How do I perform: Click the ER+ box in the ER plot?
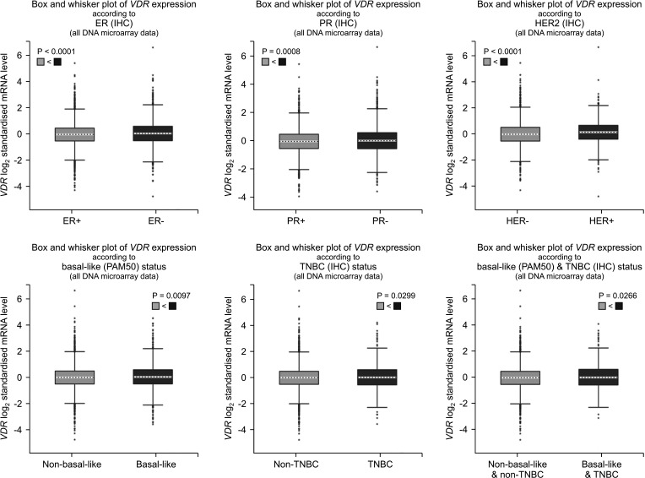[74, 134]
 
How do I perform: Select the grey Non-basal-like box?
[74, 378]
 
